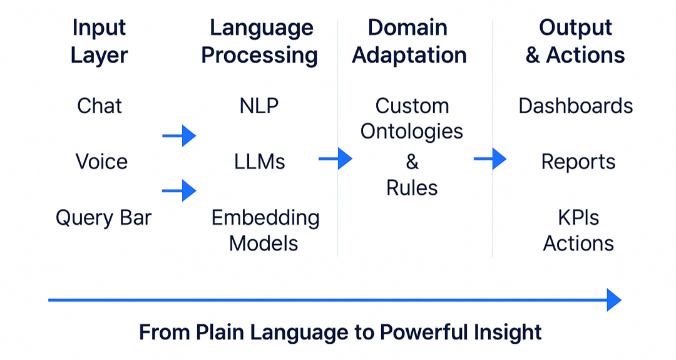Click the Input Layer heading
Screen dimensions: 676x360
tap(99, 42)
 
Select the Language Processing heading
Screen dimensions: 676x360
tap(260, 42)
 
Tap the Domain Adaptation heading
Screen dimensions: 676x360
tap(409, 42)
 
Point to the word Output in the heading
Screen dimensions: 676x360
tap(576, 28)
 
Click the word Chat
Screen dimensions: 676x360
tap(100, 106)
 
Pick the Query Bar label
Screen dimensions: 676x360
tap(103, 218)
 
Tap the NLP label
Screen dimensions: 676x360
tap(259, 106)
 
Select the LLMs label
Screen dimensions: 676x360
tap(260, 162)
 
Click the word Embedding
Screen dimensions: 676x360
tap(265, 218)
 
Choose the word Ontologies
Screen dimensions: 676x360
tap(412, 132)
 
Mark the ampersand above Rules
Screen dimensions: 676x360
tap(412, 162)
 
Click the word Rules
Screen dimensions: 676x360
tap(412, 188)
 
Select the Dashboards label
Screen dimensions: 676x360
tap(576, 106)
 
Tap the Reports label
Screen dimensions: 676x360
tap(578, 162)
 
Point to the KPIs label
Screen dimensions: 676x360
tap(578, 218)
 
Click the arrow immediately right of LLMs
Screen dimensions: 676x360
tap(335, 158)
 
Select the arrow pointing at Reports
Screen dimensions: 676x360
tap(490, 158)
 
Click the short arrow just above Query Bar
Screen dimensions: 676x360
tap(179, 190)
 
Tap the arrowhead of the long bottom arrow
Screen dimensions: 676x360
tap(614, 300)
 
